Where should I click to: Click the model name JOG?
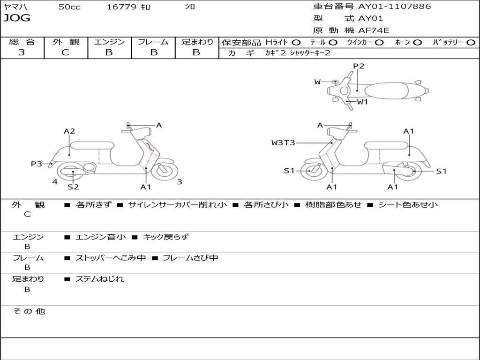[17, 18]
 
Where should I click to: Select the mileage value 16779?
[121, 7]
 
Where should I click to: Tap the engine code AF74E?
[374, 31]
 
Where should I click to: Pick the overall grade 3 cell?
[22, 52]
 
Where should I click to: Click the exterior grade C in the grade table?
[65, 52]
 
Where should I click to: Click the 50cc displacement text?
[69, 7]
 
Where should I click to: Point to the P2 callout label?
[359, 66]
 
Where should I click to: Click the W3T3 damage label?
[283, 142]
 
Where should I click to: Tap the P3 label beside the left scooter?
[37, 164]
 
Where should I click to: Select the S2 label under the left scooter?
[73, 187]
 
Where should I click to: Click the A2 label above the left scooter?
[69, 131]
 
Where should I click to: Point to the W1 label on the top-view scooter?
[362, 102]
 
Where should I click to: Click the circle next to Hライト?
[296, 42]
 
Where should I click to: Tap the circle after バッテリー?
[471, 42]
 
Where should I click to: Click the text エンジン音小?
[101, 237]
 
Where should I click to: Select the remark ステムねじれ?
[100, 279]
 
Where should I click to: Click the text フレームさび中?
[190, 258]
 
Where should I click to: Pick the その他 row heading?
[29, 311]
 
